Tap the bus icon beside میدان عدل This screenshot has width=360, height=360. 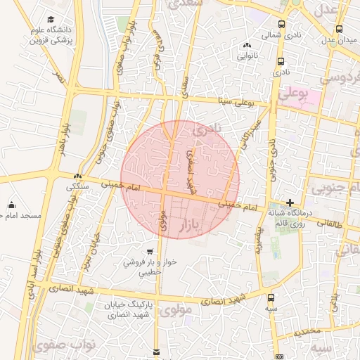coord(340,29)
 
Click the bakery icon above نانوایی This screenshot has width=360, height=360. coord(247,45)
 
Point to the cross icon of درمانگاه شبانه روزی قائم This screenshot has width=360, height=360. coord(290,202)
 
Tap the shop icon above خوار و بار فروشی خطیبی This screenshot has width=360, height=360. coord(149,251)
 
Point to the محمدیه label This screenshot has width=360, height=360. coord(307,330)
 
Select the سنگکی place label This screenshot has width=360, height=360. coord(77,187)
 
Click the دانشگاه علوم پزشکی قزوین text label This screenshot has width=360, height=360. coord(51,37)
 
